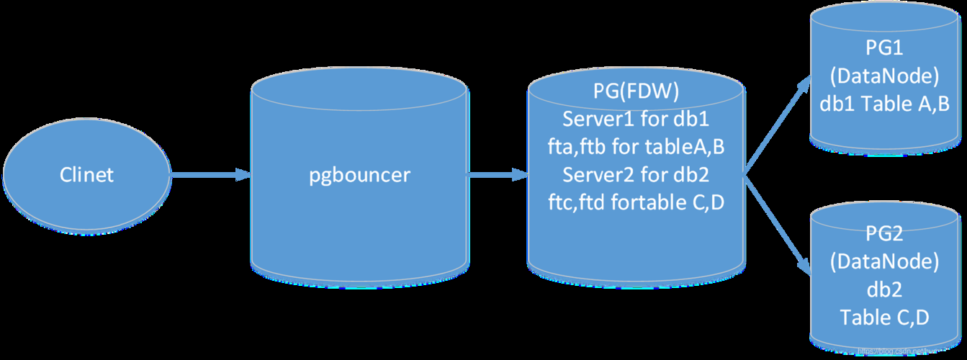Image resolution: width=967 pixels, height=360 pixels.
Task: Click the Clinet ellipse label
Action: click(x=86, y=175)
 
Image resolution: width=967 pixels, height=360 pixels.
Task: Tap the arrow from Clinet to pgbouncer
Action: click(x=209, y=175)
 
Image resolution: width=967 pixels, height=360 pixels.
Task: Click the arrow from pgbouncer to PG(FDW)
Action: click(x=497, y=175)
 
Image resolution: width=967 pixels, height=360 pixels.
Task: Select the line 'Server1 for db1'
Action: click(x=636, y=119)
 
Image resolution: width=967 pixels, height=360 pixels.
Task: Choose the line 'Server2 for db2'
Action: click(x=636, y=175)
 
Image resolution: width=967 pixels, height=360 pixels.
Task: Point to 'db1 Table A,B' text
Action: click(x=884, y=103)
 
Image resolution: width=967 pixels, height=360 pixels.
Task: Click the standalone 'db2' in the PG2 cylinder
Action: click(x=884, y=289)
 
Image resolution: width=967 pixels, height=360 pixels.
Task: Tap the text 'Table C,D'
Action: click(x=884, y=317)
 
